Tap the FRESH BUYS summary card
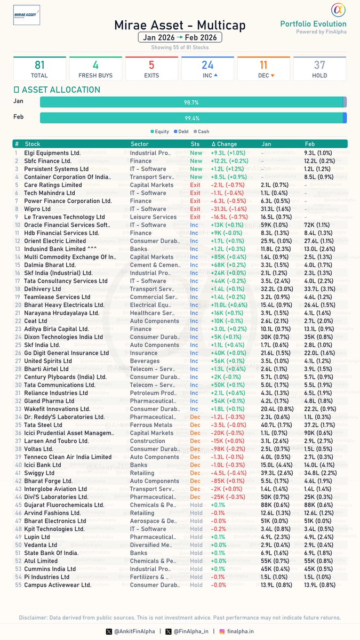tap(95, 69)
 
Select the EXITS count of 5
tap(151, 65)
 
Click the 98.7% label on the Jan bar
tap(191, 102)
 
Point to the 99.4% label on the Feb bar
tap(192, 118)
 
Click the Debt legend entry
tap(180, 131)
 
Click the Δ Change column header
tap(224, 144)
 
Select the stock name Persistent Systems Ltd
tap(57, 169)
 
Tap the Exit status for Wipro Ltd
tap(195, 209)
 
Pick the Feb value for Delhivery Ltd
tap(319, 289)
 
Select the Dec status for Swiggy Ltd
tap(195, 473)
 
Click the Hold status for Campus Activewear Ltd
tap(196, 585)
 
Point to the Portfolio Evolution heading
tap(313, 23)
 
